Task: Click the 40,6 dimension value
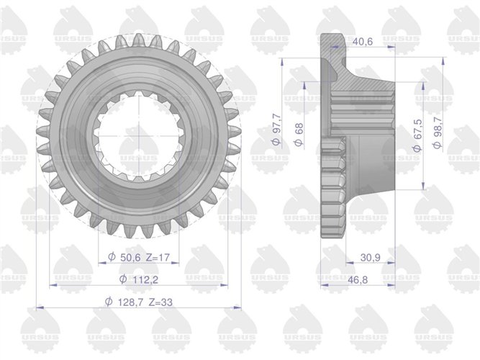coord(363,41)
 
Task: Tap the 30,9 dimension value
coord(370,258)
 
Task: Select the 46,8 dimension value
coord(358,280)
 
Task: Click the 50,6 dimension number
coord(130,257)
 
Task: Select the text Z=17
coord(158,257)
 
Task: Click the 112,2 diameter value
coord(145,279)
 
